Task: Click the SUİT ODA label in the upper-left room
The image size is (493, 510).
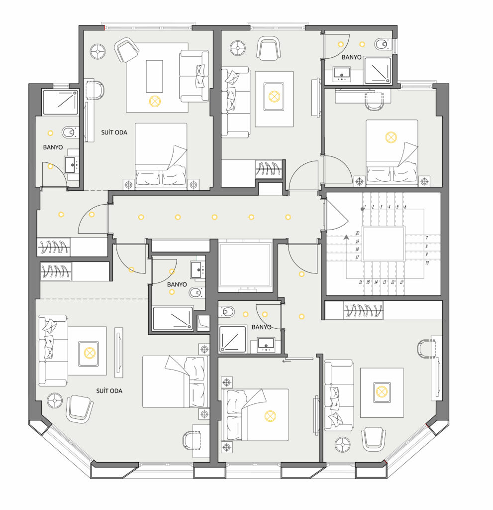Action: tap(114, 132)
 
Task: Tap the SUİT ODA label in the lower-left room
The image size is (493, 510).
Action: tap(109, 391)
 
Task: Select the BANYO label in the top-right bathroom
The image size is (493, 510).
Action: tap(351, 57)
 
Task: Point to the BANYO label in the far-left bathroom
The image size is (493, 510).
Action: tap(53, 147)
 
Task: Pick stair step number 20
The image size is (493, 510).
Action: tap(358, 233)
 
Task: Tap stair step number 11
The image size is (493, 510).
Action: tap(401, 282)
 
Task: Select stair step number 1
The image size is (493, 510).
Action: tap(365, 207)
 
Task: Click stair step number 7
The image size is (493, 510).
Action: tap(427, 238)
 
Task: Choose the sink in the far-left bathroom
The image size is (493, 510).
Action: tap(72, 164)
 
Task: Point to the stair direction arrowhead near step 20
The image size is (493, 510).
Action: tap(346, 238)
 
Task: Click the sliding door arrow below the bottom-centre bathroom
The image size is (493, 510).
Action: tap(297, 360)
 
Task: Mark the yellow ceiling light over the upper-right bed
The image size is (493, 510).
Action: tap(391, 137)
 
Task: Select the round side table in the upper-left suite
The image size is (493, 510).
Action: tap(98, 51)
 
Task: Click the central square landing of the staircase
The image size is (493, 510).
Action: tap(384, 244)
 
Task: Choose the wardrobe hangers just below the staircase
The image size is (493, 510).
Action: tap(363, 310)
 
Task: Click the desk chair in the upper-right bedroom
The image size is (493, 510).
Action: tap(374, 101)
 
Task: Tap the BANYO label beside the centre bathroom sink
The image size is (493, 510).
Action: tap(177, 284)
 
